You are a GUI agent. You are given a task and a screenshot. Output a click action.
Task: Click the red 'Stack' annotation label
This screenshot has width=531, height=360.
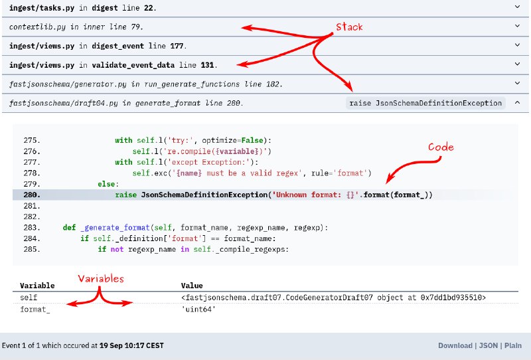click(349, 27)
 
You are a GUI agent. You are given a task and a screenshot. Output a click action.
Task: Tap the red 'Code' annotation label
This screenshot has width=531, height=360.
click(441, 147)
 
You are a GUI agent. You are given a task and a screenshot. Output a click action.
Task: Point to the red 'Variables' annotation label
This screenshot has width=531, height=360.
click(101, 278)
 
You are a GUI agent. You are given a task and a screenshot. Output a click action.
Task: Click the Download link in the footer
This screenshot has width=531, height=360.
click(455, 345)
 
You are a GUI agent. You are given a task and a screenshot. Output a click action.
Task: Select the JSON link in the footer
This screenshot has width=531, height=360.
click(488, 345)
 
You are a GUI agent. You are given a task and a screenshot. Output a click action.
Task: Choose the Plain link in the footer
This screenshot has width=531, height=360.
click(513, 345)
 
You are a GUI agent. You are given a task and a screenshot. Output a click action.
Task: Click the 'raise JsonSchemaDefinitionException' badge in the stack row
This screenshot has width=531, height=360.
click(425, 103)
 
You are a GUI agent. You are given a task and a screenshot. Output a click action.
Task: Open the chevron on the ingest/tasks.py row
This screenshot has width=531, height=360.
click(518, 7)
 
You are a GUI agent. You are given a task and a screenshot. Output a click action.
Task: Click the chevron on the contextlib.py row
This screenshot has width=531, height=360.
click(518, 27)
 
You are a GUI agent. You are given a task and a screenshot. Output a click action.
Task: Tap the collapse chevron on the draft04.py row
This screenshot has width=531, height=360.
click(518, 103)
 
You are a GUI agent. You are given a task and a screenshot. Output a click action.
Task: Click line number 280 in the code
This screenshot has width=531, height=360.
click(31, 195)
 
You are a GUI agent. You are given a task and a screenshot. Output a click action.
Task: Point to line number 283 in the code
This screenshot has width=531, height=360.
click(31, 227)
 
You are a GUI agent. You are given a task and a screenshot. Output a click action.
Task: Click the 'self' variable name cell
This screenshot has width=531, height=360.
click(29, 298)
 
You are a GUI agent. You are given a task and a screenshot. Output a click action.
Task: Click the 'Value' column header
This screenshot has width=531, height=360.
click(192, 286)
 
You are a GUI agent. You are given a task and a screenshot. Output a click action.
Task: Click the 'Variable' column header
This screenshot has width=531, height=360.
click(37, 286)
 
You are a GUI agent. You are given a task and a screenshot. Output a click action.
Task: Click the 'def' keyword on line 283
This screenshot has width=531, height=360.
click(68, 227)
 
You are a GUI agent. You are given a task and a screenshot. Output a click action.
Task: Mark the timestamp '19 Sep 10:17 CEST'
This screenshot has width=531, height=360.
click(131, 345)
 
